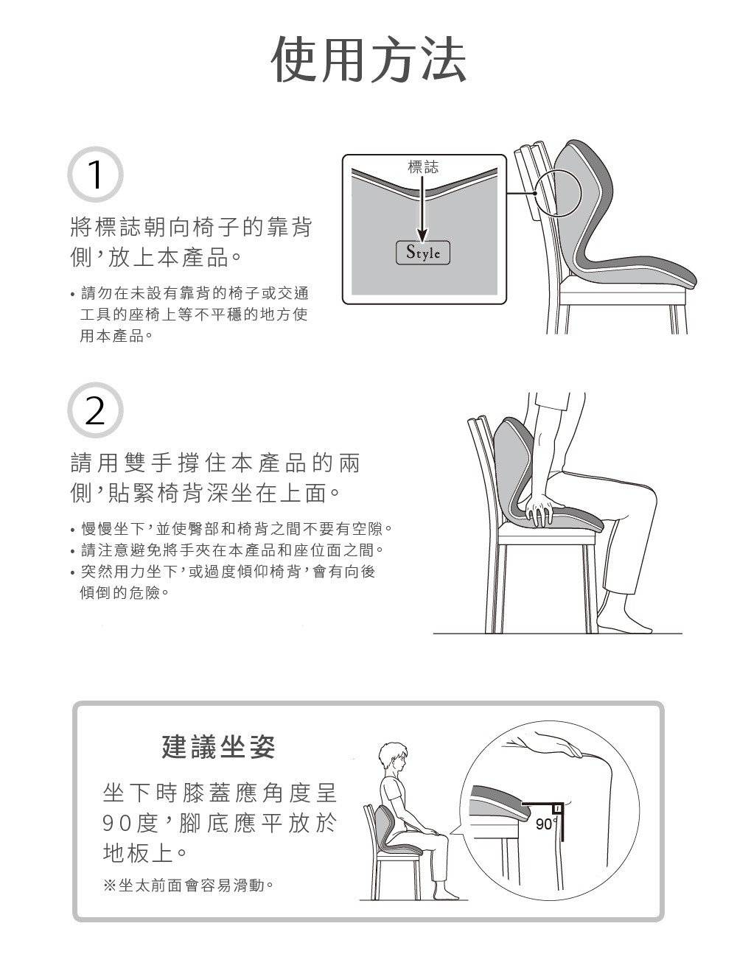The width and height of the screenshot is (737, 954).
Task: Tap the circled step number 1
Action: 95,175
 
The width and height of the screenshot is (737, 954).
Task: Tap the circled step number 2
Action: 95,410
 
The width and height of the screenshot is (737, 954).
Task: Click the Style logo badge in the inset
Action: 423,253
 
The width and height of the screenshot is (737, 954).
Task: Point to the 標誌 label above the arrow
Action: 423,166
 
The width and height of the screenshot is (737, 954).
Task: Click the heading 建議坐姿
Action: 218,747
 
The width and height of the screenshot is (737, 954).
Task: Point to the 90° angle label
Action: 545,824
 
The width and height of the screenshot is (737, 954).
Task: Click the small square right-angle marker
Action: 557,808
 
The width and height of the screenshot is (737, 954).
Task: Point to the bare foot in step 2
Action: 625,624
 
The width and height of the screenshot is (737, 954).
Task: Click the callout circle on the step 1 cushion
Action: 558,194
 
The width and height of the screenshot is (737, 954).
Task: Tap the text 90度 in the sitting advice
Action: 130,823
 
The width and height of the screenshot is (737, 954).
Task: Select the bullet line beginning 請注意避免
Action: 227,550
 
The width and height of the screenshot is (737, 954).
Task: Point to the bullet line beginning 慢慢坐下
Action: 231,529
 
